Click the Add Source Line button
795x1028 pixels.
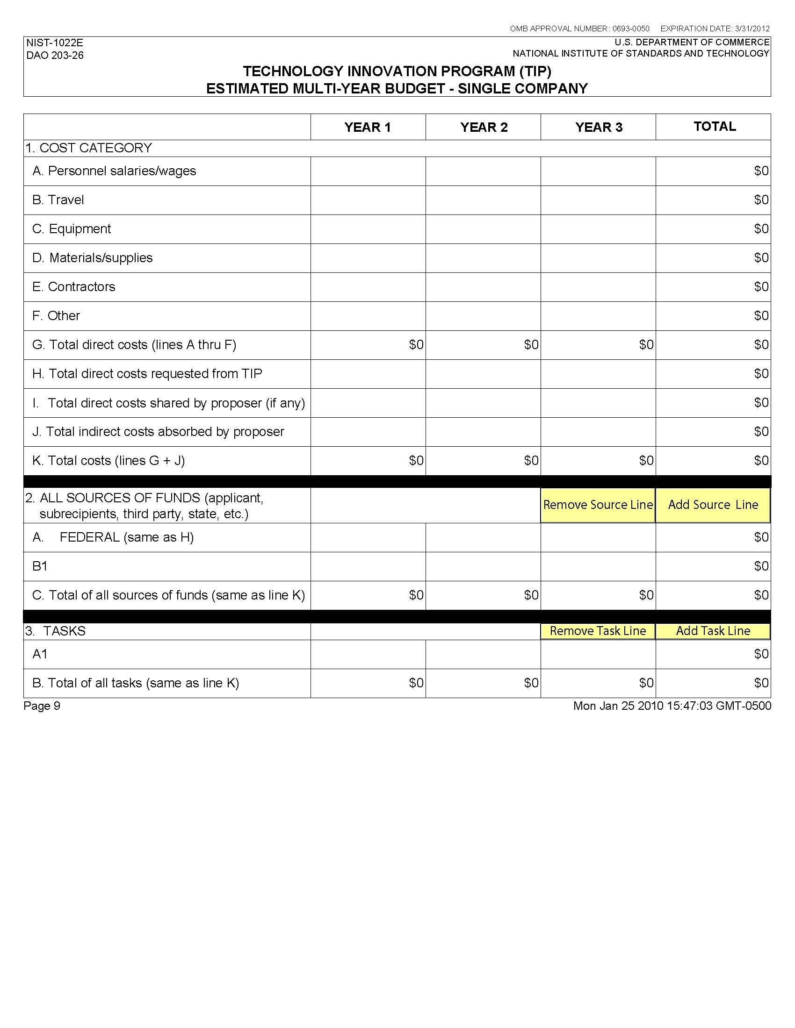point(713,505)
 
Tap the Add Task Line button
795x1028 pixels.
point(713,631)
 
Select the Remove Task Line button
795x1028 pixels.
point(598,631)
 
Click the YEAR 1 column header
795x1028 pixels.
point(368,127)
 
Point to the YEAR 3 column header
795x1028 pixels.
point(599,127)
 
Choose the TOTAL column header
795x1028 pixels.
point(715,126)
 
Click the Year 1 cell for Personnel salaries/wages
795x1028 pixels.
point(368,171)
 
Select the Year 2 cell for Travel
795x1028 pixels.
point(483,200)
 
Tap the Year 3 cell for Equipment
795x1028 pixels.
point(598,229)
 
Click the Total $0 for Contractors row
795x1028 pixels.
point(761,287)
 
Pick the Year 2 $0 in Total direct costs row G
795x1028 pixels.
point(531,345)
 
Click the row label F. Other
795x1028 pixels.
point(56,316)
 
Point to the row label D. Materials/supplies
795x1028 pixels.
point(92,258)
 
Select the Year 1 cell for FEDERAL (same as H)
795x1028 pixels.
point(368,537)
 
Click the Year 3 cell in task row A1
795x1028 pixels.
point(598,654)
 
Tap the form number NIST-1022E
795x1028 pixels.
point(55,43)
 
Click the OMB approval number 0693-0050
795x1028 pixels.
point(631,29)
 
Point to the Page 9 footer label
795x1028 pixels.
point(42,706)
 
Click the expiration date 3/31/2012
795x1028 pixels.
point(752,29)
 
